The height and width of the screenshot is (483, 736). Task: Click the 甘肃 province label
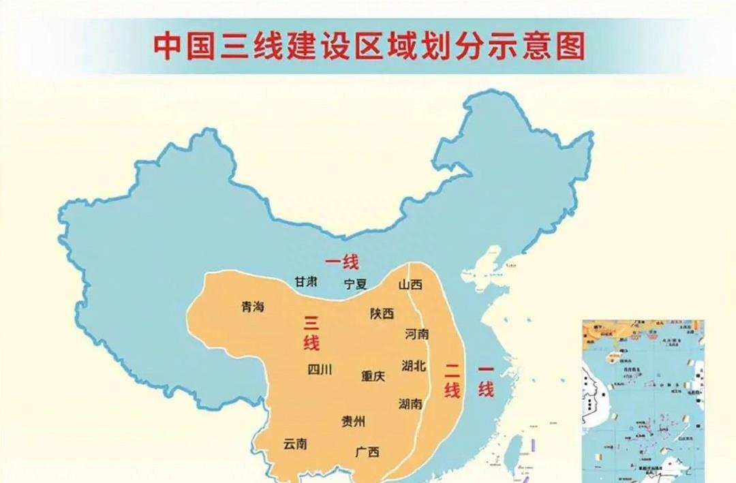(x=305, y=282)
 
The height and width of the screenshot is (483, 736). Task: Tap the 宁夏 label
(x=355, y=284)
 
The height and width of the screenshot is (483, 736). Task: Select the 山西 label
(x=411, y=284)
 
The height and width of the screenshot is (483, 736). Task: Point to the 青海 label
(x=252, y=307)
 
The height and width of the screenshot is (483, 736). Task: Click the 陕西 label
(x=382, y=313)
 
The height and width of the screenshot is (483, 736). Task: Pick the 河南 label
(x=416, y=334)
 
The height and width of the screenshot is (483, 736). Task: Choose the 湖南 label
(x=410, y=403)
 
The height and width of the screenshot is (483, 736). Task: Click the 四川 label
(x=320, y=370)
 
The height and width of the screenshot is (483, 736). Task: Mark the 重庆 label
(x=373, y=375)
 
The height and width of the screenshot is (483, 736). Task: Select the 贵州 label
(x=353, y=422)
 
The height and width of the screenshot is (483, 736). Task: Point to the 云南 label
(x=295, y=443)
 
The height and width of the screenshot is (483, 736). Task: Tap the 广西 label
(x=367, y=452)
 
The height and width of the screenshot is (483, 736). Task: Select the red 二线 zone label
(x=453, y=381)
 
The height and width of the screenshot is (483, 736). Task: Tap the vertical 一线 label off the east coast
(x=485, y=381)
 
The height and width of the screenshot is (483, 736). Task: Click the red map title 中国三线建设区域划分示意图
(x=369, y=46)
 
